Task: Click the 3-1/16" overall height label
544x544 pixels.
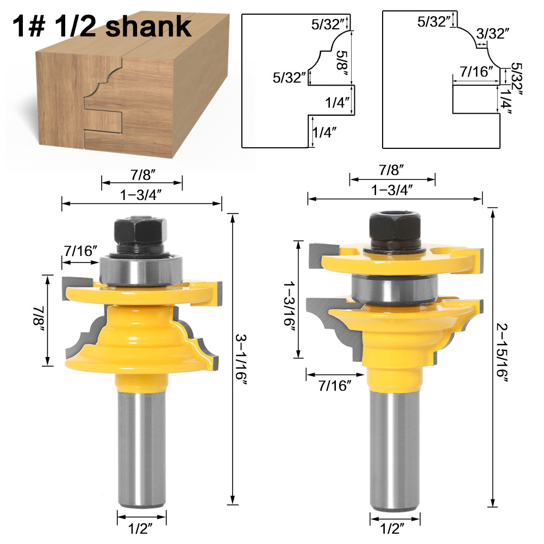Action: pyautogui.click(x=240, y=360)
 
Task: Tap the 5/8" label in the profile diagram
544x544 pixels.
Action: pyautogui.click(x=342, y=64)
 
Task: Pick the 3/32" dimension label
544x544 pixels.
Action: pyautogui.click(x=493, y=34)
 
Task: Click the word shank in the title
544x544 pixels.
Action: pyautogui.click(x=148, y=27)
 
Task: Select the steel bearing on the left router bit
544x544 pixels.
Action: pyautogui.click(x=141, y=271)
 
